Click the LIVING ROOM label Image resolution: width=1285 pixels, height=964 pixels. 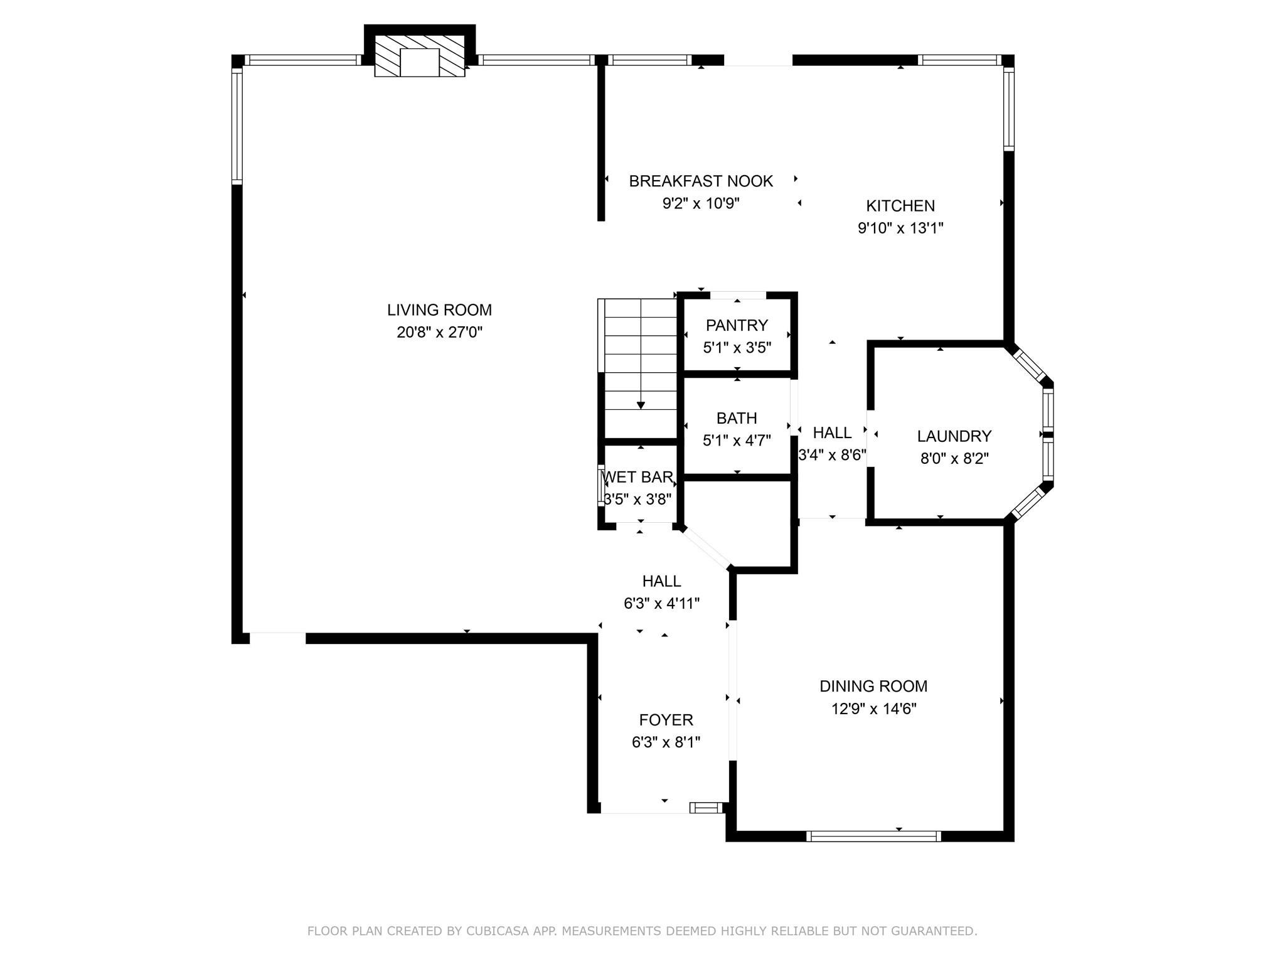439,310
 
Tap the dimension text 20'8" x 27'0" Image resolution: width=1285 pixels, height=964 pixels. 439,333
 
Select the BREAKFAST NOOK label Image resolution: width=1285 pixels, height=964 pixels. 701,181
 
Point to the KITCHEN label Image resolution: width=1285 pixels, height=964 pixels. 900,206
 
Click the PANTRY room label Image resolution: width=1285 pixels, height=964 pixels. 737,325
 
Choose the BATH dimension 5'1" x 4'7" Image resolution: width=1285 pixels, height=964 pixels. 737,441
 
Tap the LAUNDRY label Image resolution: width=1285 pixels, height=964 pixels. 954,436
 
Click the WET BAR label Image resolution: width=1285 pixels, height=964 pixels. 637,477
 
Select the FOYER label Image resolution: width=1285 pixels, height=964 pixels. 666,720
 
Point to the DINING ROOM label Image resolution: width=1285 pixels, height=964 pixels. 873,686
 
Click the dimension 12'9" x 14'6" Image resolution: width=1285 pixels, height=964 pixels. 873,709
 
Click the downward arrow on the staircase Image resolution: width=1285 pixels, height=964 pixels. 641,404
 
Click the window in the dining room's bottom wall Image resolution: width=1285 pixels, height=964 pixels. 873,836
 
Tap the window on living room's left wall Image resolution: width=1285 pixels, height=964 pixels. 237,126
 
